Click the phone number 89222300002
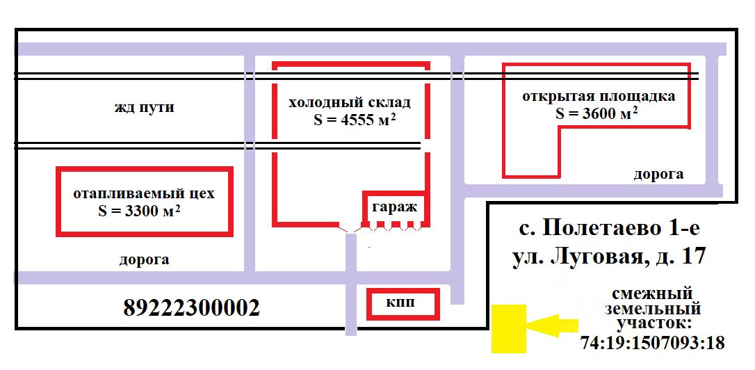point(191,307)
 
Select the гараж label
point(393,207)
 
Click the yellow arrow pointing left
point(551,326)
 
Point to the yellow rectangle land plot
point(508,328)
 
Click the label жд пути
point(145,108)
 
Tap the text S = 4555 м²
point(355,120)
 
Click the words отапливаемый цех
point(144,193)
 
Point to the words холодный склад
point(350,102)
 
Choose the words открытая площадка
point(599,96)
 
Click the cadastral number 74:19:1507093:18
point(652,343)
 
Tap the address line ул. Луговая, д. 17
point(609,257)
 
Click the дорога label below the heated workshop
point(144,260)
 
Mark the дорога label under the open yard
point(658,175)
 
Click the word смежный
point(653,293)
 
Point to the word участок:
point(653,323)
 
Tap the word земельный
point(653,309)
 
